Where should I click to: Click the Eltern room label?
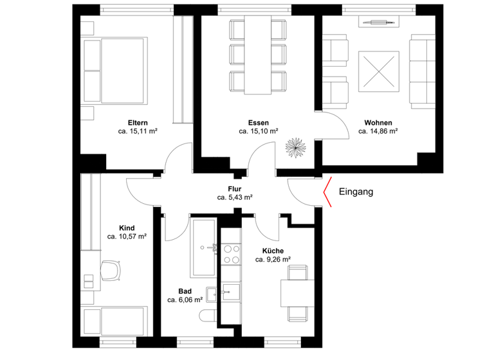138,122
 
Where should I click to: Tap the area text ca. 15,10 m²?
258,131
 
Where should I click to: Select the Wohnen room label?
378,122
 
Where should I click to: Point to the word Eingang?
356,191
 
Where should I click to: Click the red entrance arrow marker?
327,192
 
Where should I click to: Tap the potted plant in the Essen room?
296,147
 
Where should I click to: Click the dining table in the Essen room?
258,54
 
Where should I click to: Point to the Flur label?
234,188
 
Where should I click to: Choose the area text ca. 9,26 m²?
273,260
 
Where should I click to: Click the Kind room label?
127,228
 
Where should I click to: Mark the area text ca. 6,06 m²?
185,300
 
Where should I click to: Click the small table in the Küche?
297,293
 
